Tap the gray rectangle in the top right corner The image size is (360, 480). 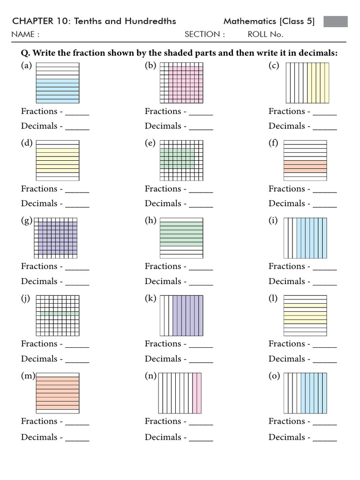click(336, 22)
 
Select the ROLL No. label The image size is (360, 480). click(265, 34)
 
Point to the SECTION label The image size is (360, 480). click(204, 34)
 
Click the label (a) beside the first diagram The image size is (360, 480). click(26, 66)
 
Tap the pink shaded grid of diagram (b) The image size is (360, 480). click(185, 84)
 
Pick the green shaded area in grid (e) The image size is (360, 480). click(177, 158)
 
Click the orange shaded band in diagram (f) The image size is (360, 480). click(305, 166)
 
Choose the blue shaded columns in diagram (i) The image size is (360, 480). click(311, 238)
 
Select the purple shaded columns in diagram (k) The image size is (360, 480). click(187, 315)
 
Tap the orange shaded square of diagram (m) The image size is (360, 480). click(57, 393)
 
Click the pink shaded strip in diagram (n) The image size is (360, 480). click(197, 393)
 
